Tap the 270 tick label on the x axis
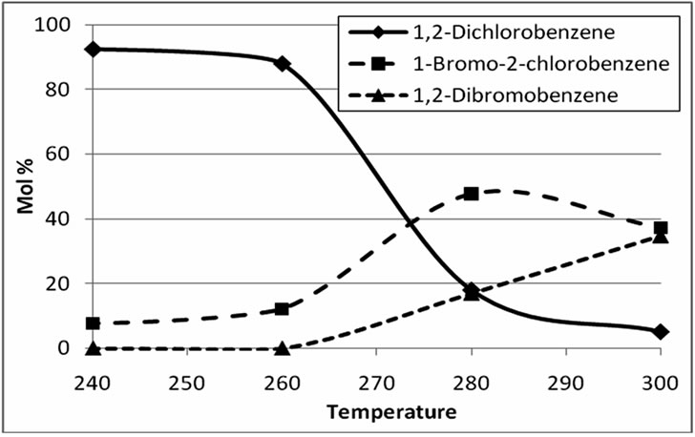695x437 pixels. coord(376,382)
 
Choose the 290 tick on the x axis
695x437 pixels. coord(565,382)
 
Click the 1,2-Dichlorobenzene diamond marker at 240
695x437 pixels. coord(93,49)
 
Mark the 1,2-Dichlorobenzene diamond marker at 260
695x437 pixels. coord(282,63)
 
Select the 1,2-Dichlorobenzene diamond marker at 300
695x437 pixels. coord(661,331)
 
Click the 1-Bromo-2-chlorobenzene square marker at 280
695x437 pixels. coord(472,194)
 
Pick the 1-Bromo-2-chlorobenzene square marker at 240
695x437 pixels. coord(93,324)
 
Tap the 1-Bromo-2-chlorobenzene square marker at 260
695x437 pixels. coord(282,309)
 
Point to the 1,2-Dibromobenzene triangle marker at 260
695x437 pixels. coord(282,348)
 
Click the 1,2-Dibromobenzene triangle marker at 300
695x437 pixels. coord(661,236)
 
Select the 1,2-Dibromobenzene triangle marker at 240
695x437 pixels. coord(93,348)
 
